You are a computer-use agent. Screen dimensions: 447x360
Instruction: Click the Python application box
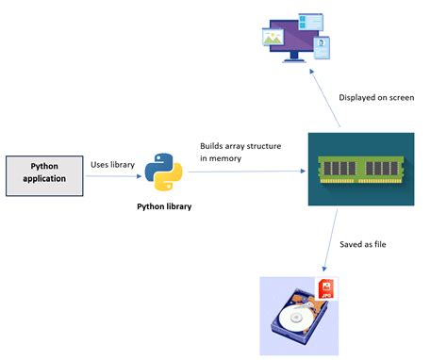tap(44, 176)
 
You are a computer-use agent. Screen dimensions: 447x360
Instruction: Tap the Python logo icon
tap(163, 172)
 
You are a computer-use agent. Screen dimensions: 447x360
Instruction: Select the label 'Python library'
tap(164, 206)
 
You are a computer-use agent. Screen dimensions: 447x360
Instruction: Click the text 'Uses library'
tap(112, 165)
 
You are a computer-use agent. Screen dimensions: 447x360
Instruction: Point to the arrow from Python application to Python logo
tap(113, 176)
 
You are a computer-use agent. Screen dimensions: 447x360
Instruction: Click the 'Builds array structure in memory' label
tap(240, 152)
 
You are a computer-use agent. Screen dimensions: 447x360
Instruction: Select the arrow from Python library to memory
tap(247, 172)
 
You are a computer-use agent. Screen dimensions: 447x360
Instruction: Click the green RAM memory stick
tap(361, 170)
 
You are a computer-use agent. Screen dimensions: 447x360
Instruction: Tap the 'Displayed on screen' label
tap(376, 98)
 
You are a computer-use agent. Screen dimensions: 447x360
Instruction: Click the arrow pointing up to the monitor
tap(324, 98)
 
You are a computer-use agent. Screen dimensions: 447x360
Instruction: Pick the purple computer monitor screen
tap(294, 36)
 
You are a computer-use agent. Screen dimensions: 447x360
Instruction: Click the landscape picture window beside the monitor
tap(273, 37)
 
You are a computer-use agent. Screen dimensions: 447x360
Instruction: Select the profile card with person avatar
tap(322, 48)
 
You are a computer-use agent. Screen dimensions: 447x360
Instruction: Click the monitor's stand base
tap(294, 59)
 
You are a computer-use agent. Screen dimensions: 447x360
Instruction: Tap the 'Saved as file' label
tap(363, 244)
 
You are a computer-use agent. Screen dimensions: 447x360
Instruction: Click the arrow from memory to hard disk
tap(330, 240)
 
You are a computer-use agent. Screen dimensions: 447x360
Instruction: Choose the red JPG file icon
tap(326, 288)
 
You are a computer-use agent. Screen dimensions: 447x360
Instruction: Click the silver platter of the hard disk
tap(295, 318)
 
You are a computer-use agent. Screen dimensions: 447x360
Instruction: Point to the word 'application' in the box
tap(44, 179)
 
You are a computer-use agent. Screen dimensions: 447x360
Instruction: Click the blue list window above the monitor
tap(310, 22)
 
